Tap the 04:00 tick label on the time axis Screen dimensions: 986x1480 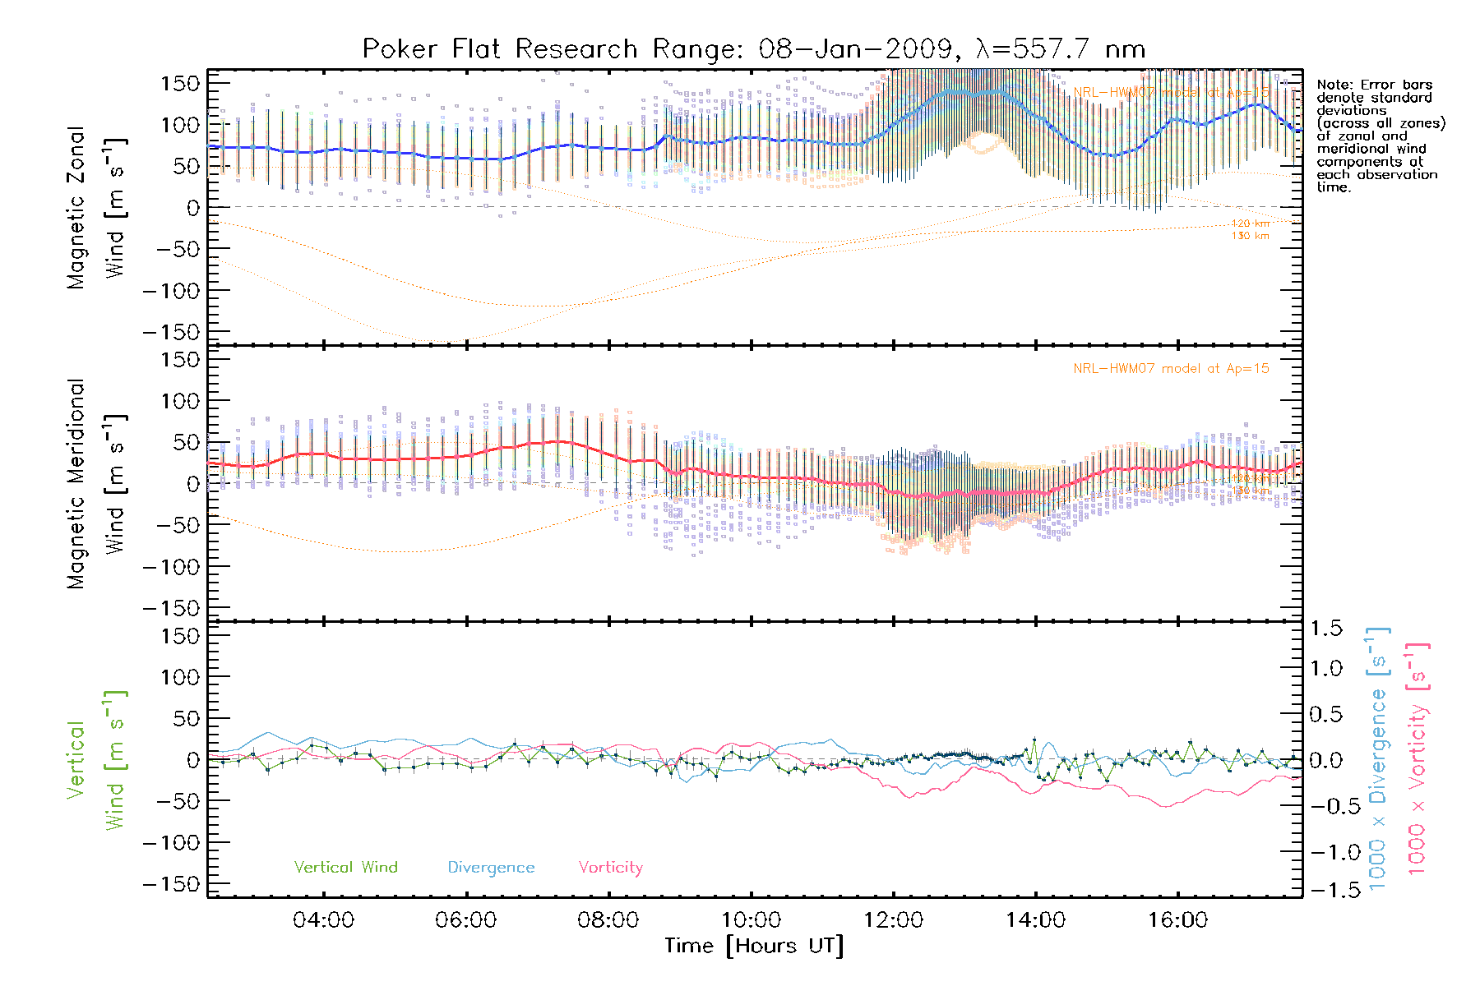323,919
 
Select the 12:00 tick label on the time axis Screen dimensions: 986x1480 893,919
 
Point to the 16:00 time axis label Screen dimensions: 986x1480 1177,919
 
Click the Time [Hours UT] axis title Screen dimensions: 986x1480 753,946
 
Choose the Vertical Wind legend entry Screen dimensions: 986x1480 345,867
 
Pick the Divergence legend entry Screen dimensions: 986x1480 491,868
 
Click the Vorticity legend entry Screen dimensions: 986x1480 610,867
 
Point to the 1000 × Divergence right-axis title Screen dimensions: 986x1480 1378,760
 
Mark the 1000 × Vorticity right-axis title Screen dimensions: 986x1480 1417,760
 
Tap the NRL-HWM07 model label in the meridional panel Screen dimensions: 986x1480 1171,369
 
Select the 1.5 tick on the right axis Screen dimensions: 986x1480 1326,629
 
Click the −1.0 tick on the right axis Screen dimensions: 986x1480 1326,852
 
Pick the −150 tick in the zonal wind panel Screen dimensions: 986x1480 171,332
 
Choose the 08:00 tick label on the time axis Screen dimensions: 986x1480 608,919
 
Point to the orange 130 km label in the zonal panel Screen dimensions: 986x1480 1250,237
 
